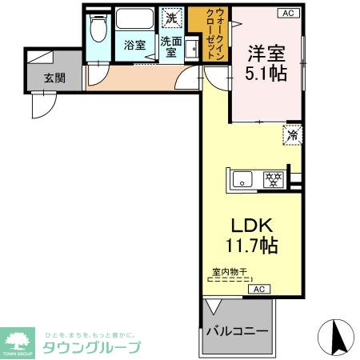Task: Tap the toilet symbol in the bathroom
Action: coord(98,29)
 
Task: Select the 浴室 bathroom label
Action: coord(134,45)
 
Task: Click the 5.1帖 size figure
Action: coord(266,72)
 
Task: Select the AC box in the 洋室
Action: coord(286,14)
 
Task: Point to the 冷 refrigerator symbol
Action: coord(293,135)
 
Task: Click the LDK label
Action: coord(250,226)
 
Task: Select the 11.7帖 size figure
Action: coord(250,246)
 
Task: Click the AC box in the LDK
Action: coord(258,289)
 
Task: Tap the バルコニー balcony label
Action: coord(236,330)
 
